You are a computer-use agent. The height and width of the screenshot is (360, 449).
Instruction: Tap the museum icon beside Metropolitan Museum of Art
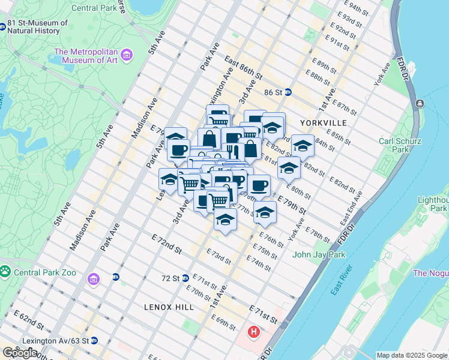pyautogui.click(x=127, y=56)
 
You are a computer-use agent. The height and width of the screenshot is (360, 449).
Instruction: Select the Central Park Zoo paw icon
pyautogui.click(x=5, y=272)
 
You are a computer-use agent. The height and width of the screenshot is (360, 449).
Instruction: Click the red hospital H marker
pyautogui.click(x=255, y=331)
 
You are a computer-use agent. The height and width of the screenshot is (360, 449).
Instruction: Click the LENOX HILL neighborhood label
pyautogui.click(x=169, y=307)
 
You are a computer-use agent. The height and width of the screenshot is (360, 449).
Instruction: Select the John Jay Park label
pyautogui.click(x=319, y=254)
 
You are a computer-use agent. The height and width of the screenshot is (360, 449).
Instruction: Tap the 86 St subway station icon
pyautogui.click(x=288, y=92)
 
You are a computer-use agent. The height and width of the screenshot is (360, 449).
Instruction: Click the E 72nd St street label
pyautogui.click(x=166, y=244)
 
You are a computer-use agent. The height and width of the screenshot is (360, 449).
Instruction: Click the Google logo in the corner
pyautogui.click(x=20, y=353)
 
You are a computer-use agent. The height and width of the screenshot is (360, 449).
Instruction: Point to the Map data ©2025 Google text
pyautogui.click(x=411, y=355)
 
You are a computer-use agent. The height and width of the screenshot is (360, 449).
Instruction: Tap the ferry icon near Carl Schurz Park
pyautogui.click(x=418, y=104)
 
